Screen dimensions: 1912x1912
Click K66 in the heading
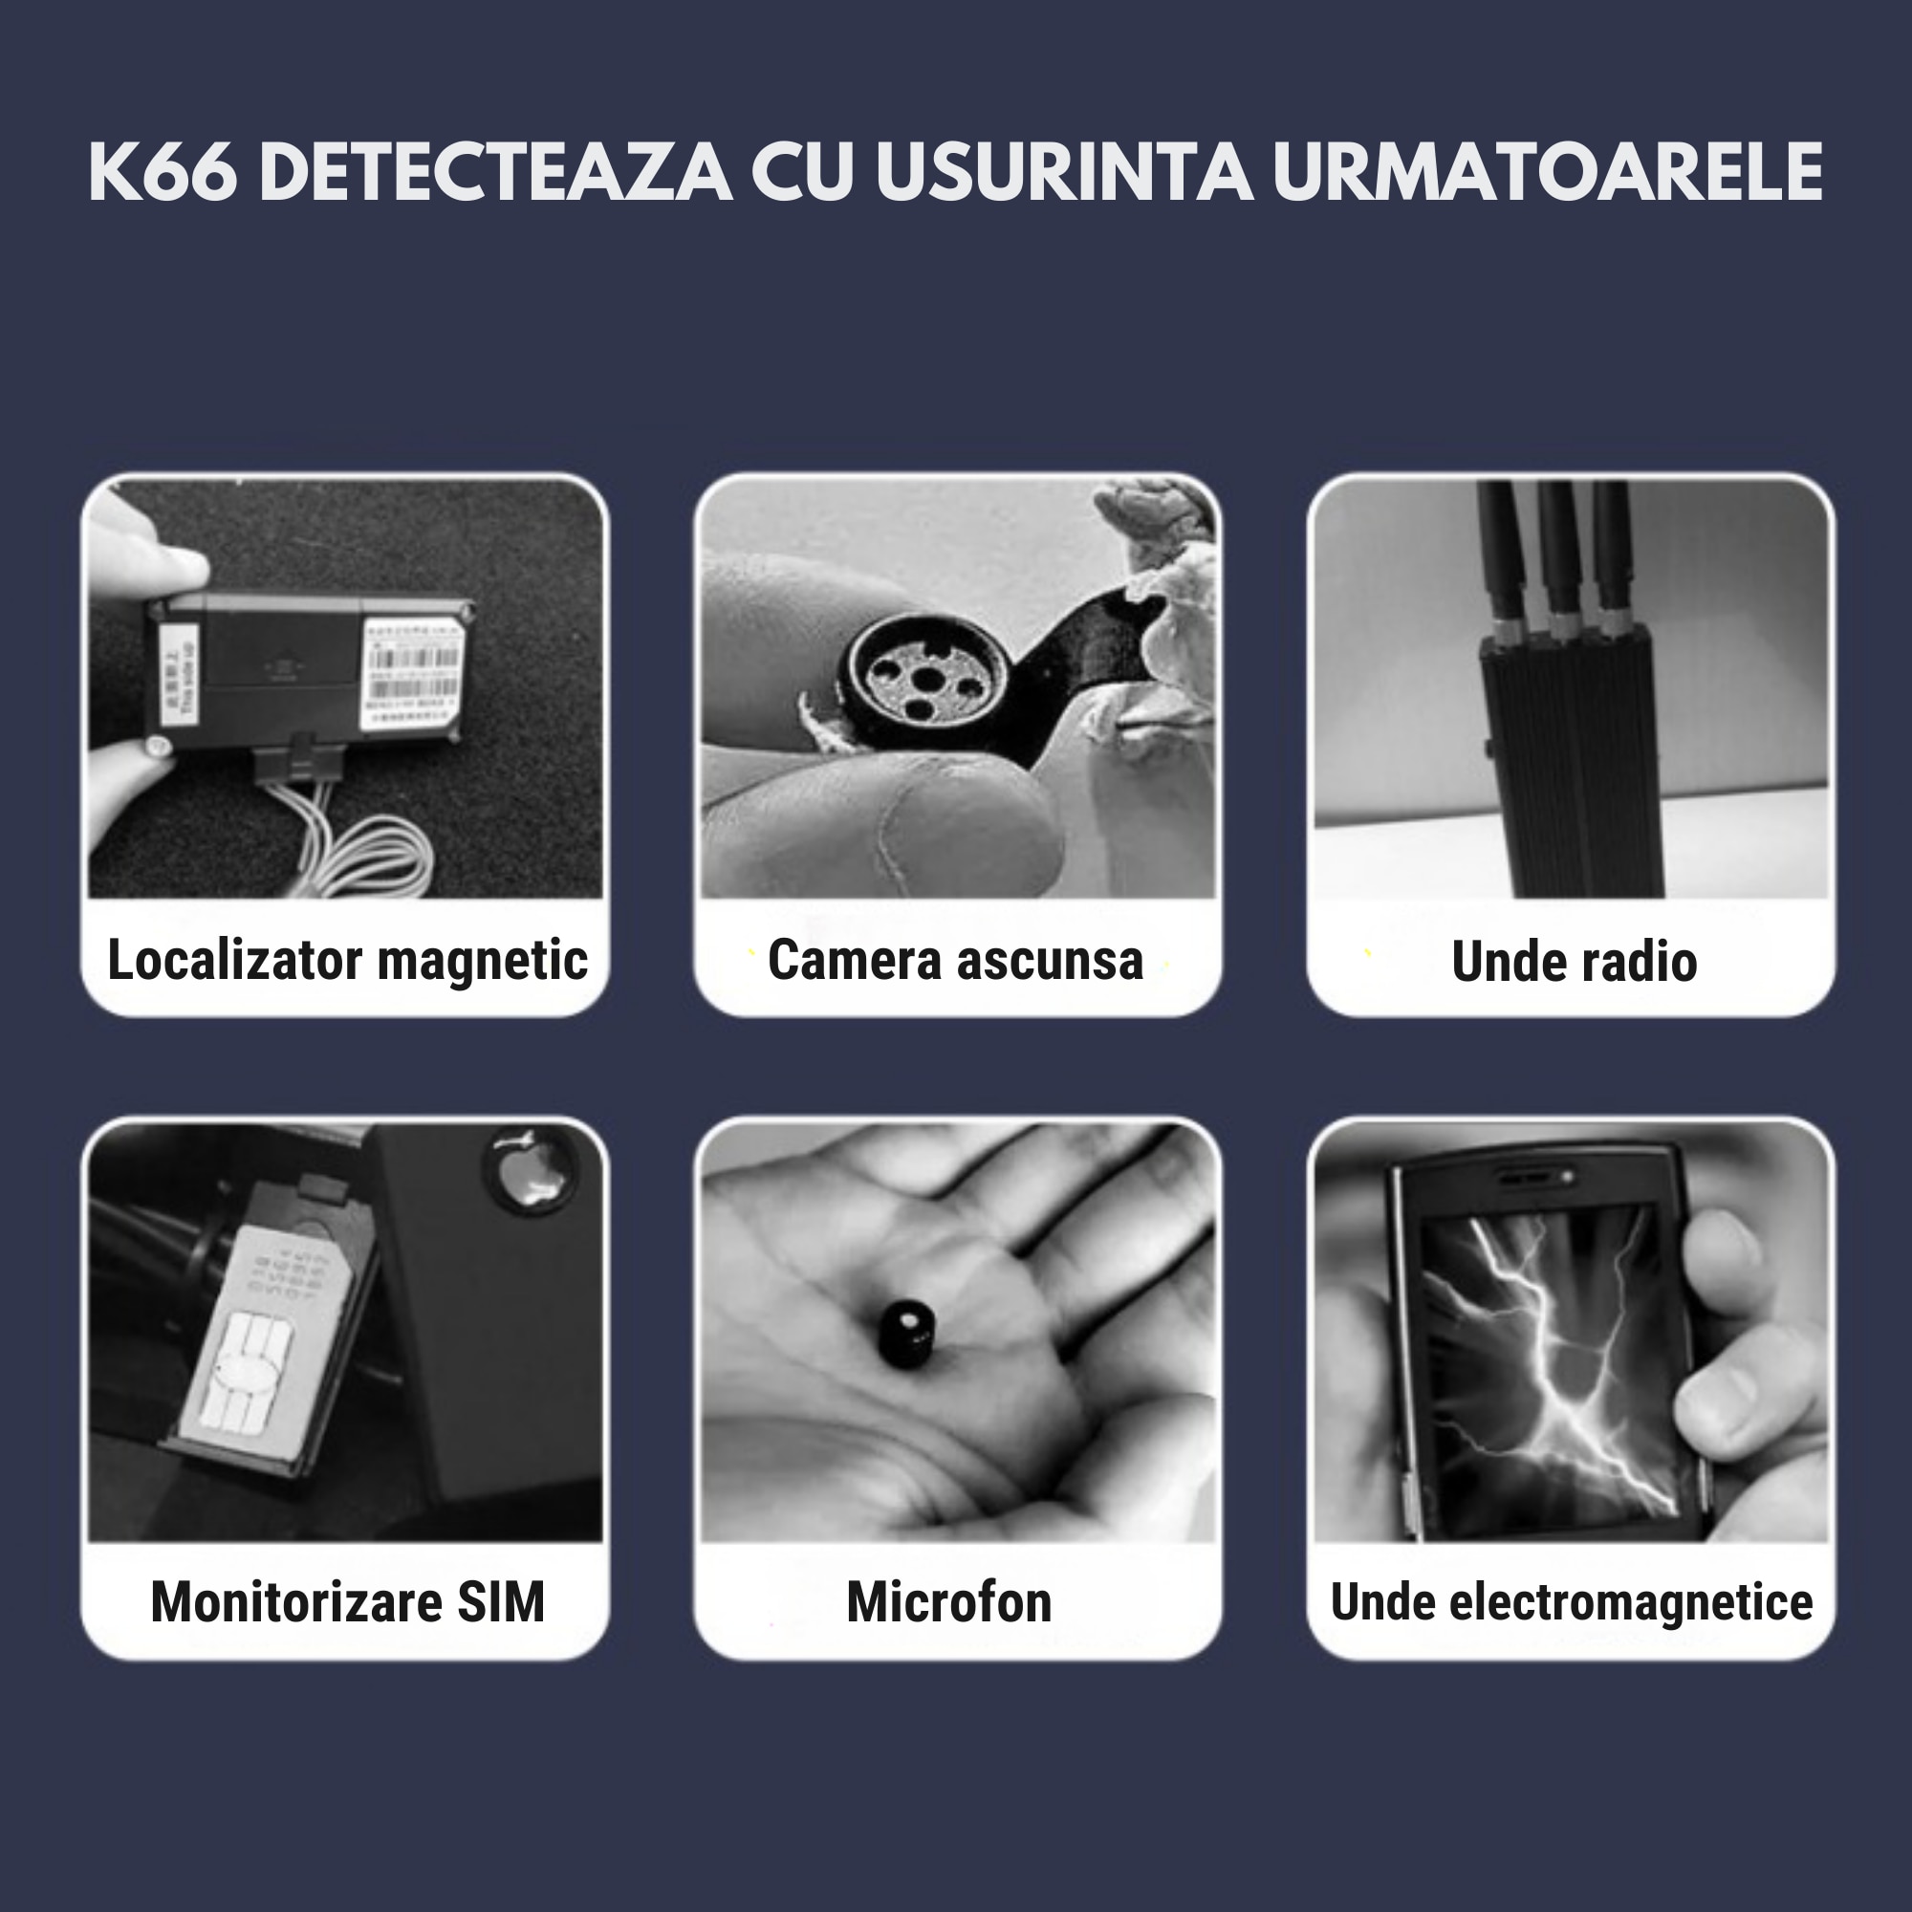tap(163, 172)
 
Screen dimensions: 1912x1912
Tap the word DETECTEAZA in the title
tap(494, 172)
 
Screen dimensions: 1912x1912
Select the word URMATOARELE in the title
tap(1547, 172)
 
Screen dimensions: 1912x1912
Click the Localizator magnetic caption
tap(346, 960)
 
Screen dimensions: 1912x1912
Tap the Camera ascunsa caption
tap(955, 960)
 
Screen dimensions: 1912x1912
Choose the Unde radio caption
tap(1574, 962)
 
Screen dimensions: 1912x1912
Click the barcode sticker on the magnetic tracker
tap(414, 675)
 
